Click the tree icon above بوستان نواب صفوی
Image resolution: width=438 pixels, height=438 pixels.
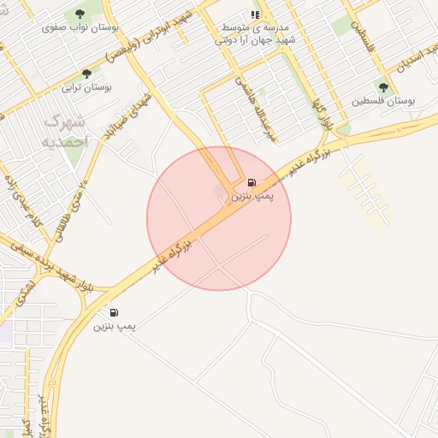click(x=80, y=14)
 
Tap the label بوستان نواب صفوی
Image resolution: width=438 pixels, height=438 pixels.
click(x=80, y=27)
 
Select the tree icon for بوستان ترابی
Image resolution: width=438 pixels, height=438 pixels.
click(x=86, y=74)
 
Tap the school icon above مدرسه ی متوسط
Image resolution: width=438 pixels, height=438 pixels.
click(x=254, y=15)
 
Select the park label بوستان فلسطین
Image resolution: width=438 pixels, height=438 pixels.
click(x=382, y=101)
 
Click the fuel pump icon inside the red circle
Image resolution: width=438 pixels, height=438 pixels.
click(x=252, y=182)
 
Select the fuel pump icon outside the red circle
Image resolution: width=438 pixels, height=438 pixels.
click(x=115, y=312)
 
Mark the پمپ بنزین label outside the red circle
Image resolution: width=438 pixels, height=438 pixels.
click(x=115, y=326)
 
